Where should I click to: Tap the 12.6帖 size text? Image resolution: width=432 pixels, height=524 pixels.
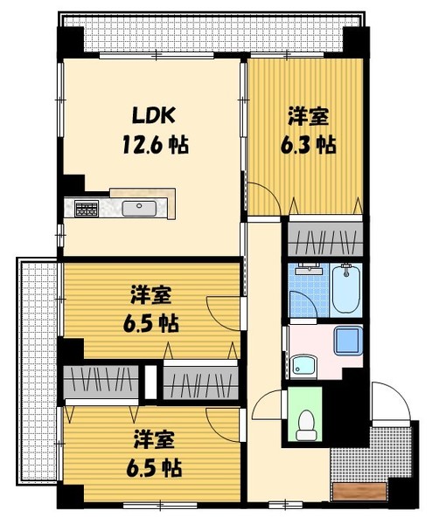(154, 143)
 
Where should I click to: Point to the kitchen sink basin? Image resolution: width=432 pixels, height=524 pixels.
(139, 208)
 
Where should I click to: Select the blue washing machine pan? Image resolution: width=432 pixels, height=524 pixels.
(348, 341)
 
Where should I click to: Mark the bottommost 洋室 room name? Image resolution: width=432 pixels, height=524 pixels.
(153, 438)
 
